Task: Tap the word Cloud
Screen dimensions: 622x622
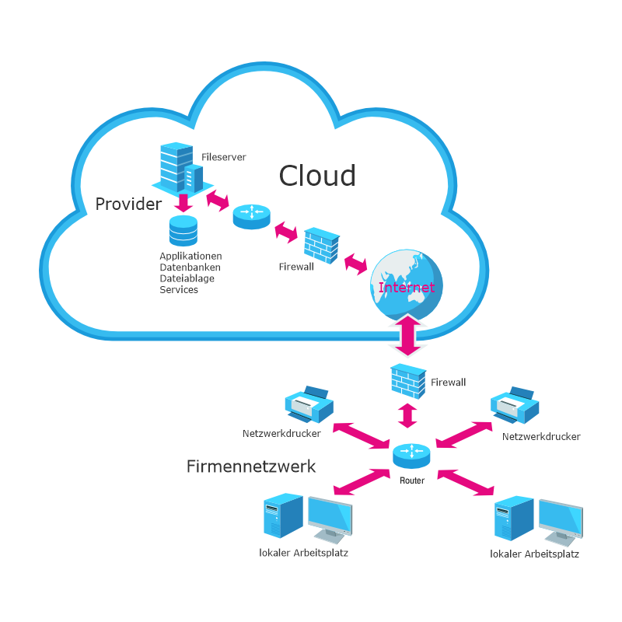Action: click(317, 176)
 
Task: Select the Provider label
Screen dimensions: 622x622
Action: click(128, 204)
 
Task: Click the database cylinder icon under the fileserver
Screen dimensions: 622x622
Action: click(183, 231)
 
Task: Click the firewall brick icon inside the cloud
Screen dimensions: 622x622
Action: click(320, 246)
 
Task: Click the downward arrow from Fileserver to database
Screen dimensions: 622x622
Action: click(184, 203)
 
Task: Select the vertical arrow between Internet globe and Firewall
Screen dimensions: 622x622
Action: click(407, 334)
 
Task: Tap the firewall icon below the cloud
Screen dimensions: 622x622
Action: click(408, 381)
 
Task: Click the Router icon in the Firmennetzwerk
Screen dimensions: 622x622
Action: click(411, 455)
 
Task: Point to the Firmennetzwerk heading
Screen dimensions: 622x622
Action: click(251, 466)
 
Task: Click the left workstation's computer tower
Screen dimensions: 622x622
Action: click(281, 518)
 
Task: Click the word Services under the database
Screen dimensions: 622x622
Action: click(179, 290)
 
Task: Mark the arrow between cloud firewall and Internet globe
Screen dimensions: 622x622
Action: click(356, 263)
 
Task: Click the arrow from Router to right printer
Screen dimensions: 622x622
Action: click(464, 433)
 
